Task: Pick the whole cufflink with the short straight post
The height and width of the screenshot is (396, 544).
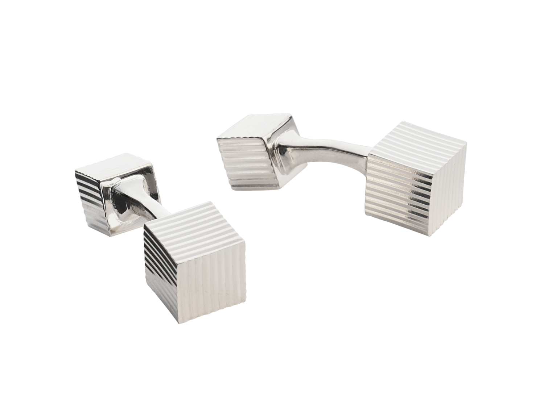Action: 160,232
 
